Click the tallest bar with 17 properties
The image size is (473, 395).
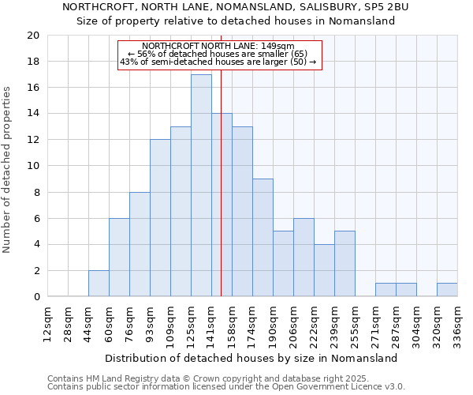coord(201,186)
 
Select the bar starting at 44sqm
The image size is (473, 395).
coord(99,284)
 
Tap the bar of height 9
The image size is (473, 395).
coord(263,238)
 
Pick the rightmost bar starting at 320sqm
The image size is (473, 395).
coord(447,290)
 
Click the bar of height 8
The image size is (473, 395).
coord(140,244)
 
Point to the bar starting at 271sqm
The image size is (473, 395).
coord(385,290)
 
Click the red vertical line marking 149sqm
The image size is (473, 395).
coord(222,197)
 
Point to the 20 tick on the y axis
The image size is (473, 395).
coord(33,36)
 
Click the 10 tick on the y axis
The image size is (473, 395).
coord(33,166)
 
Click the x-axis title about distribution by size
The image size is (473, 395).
coord(252,358)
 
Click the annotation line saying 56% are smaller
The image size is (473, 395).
coord(219,54)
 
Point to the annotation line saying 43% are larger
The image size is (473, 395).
coord(218,62)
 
